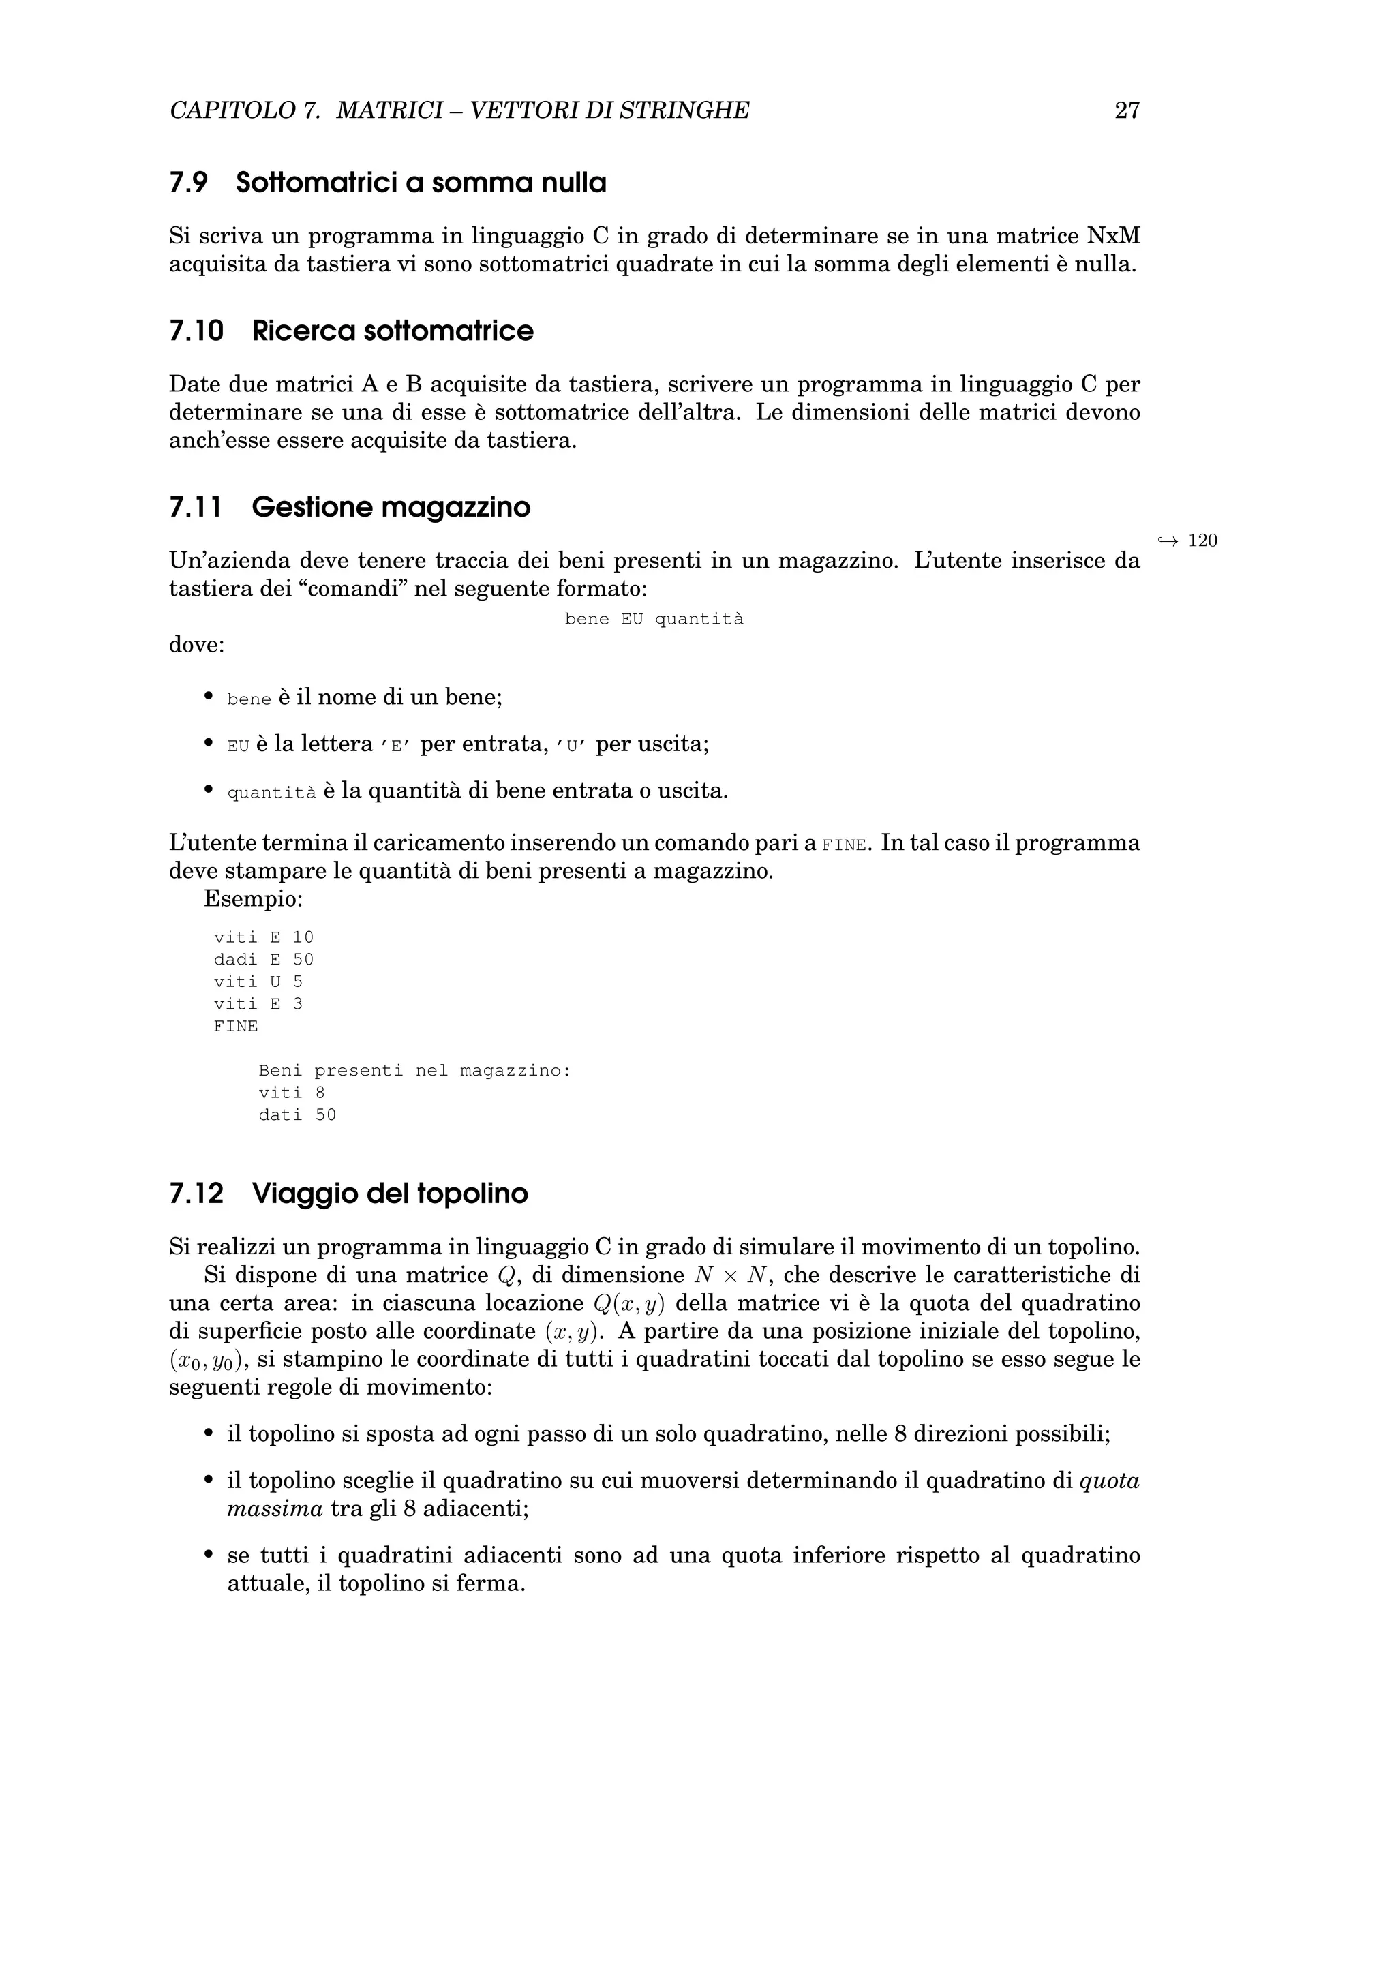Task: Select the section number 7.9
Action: coord(188,183)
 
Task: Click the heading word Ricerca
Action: coord(303,331)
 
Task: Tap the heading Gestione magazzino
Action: coord(391,507)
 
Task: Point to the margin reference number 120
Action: coord(1202,541)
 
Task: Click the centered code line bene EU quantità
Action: coord(653,619)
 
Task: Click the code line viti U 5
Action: coord(258,982)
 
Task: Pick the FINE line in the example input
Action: coord(236,1026)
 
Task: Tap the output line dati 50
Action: coord(297,1115)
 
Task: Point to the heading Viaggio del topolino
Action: coord(389,1194)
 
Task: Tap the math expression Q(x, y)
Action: coord(629,1303)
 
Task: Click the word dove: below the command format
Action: coord(196,645)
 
